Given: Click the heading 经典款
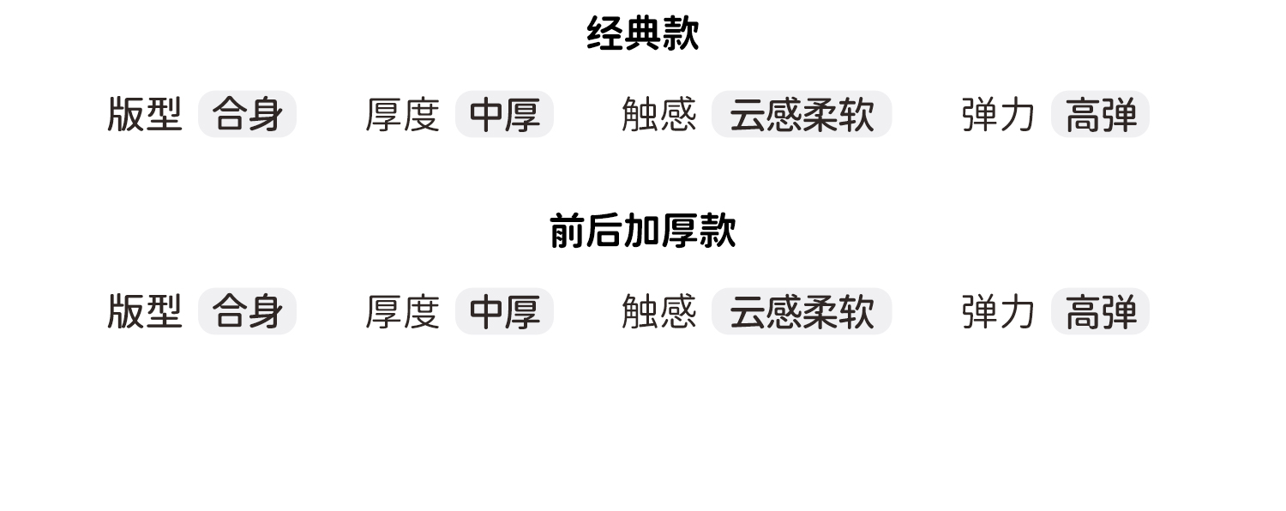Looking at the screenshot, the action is [x=643, y=34].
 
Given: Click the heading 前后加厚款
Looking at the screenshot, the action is [x=643, y=231].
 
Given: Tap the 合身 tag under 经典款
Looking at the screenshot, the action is [x=247, y=114].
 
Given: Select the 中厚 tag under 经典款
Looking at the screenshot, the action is [x=504, y=114].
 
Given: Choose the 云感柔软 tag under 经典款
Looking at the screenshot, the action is [x=802, y=114].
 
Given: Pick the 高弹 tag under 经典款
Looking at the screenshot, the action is [x=1100, y=114].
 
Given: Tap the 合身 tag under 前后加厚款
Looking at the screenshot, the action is [x=247, y=311].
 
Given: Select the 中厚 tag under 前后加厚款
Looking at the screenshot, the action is [x=504, y=311].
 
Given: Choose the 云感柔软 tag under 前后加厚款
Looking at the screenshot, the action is [x=802, y=311].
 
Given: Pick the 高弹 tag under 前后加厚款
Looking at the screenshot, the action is [x=1100, y=311].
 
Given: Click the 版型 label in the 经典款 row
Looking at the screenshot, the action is [x=145, y=114].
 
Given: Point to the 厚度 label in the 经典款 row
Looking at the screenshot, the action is [x=402, y=114].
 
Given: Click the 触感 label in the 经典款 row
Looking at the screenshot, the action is [x=658, y=114].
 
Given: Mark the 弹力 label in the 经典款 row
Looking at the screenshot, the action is [x=998, y=114].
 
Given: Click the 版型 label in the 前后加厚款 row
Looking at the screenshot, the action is [x=145, y=311].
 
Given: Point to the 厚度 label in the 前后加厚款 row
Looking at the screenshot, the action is [x=402, y=311].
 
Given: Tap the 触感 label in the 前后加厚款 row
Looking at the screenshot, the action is [x=658, y=311].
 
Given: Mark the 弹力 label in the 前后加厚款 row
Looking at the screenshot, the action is [x=998, y=311].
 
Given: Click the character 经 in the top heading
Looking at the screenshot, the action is [x=605, y=34].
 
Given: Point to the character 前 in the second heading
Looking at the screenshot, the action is [x=568, y=231].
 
